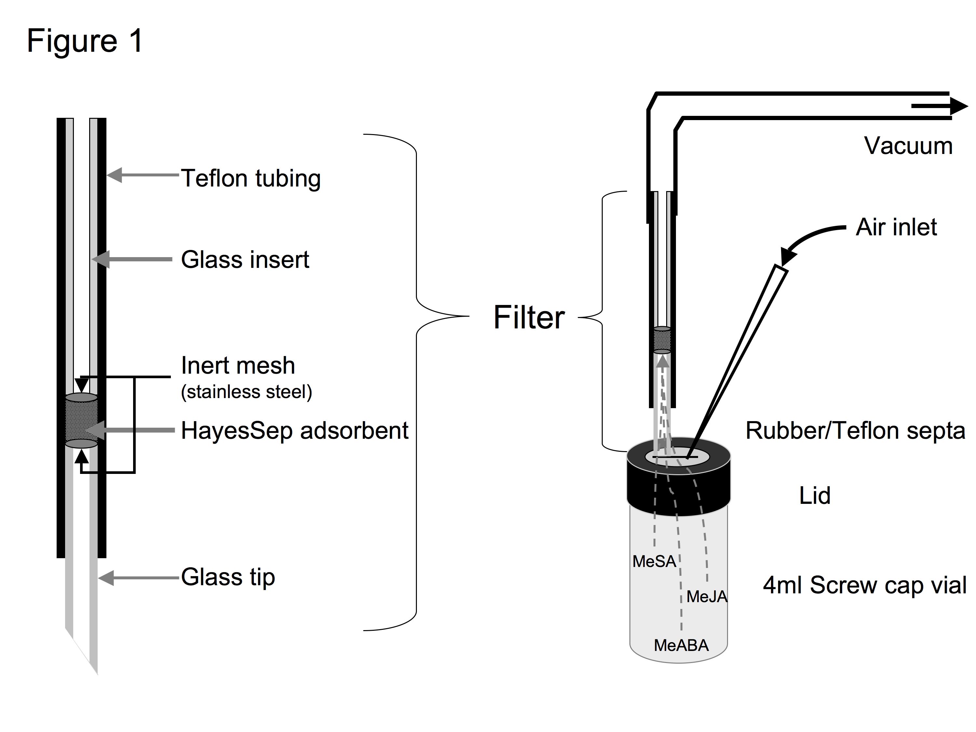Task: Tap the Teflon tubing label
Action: [251, 178]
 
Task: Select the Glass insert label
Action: [245, 259]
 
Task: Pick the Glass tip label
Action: [228, 577]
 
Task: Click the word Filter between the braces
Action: [529, 317]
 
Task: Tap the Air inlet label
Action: [896, 227]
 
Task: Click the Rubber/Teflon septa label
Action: [856, 431]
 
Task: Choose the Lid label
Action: [815, 495]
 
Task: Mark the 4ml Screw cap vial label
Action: [865, 586]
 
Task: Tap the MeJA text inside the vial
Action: [707, 597]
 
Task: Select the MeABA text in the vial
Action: [681, 645]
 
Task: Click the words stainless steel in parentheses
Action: [247, 392]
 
